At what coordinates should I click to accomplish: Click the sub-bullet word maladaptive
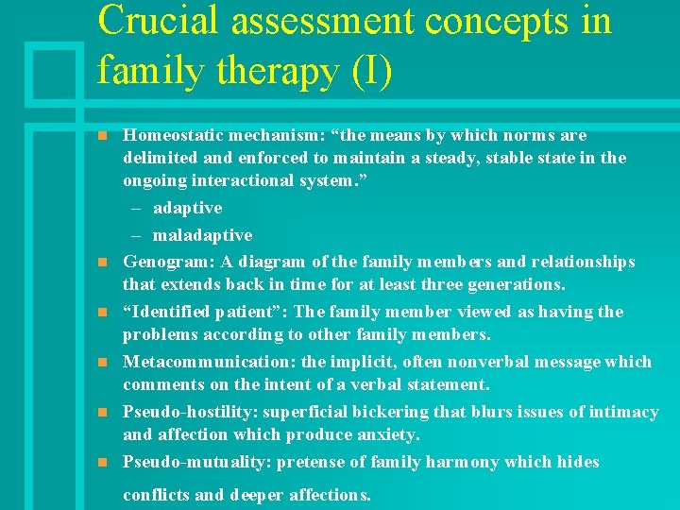click(x=202, y=234)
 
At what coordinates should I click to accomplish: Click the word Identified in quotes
click(x=171, y=312)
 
